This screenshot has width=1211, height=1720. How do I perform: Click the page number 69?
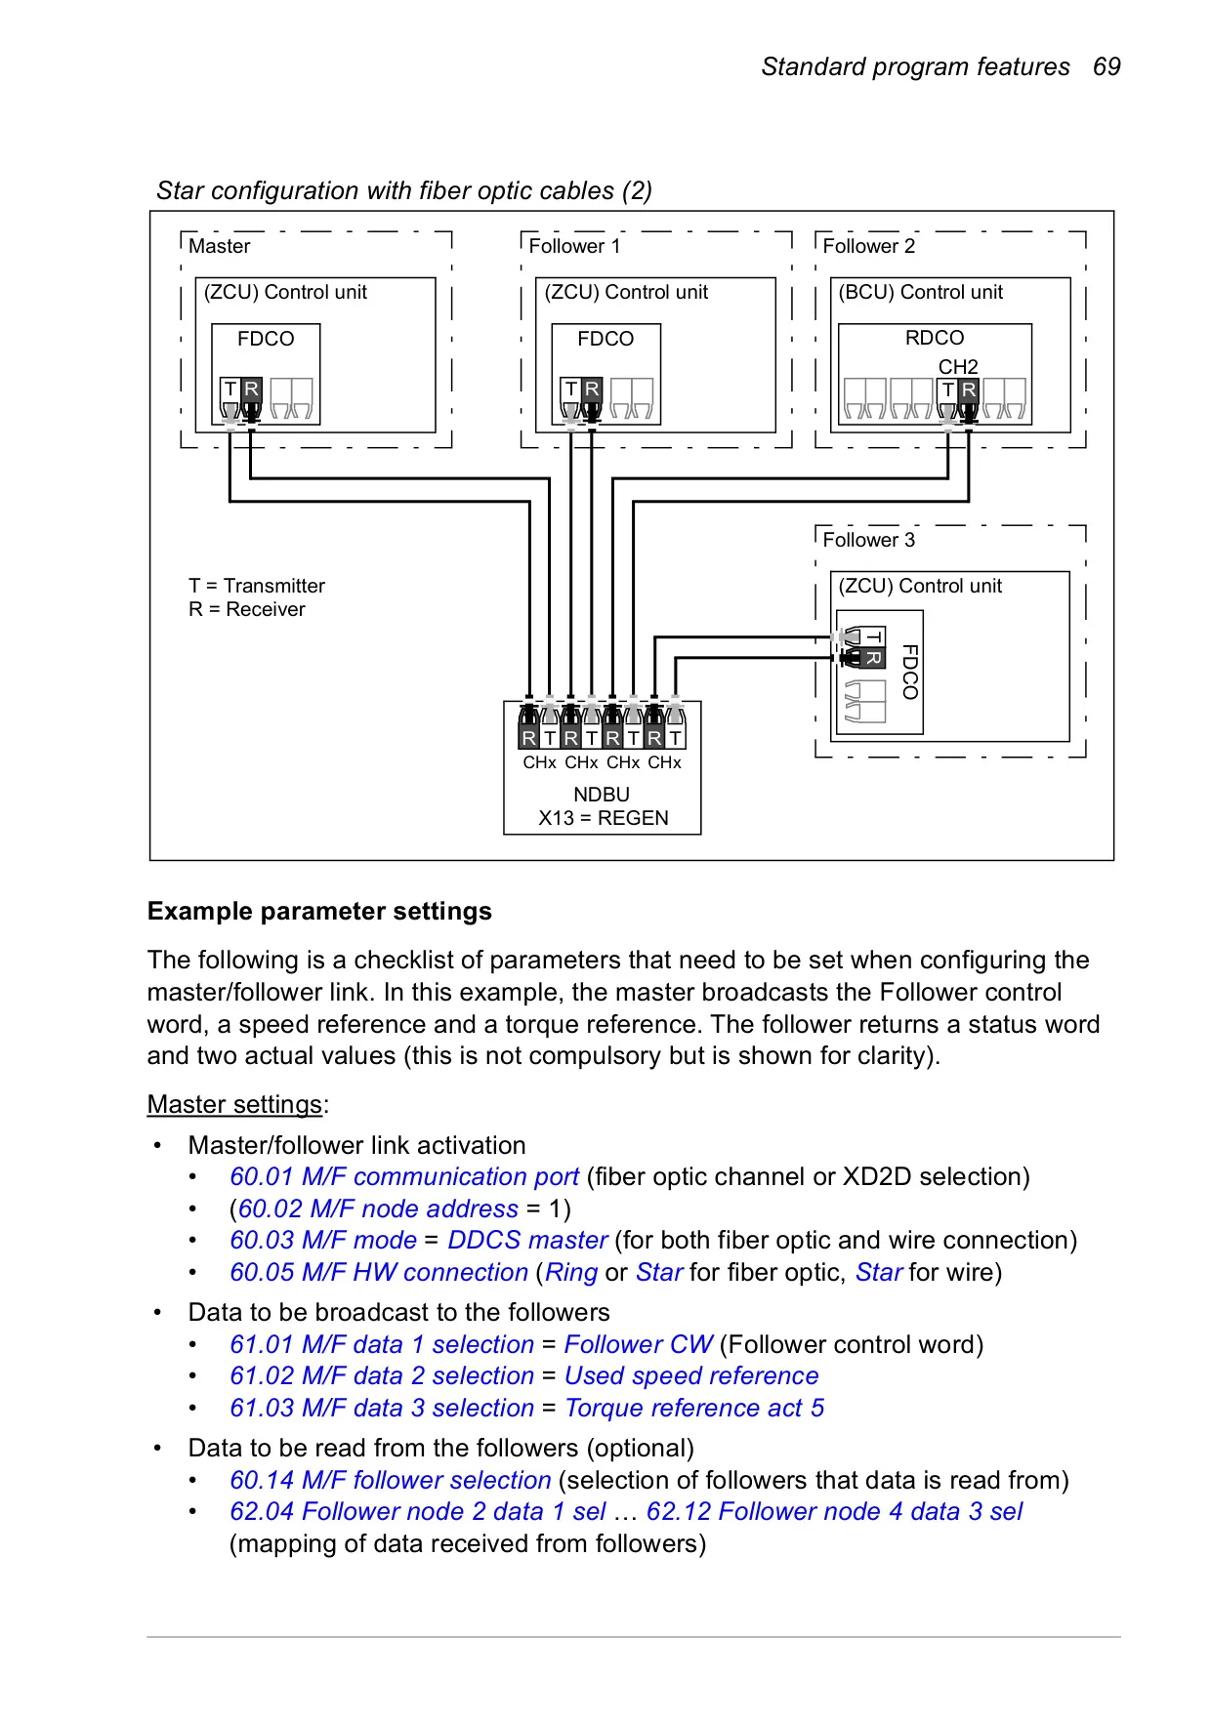pos(1107,66)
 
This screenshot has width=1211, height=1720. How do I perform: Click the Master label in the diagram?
pos(219,246)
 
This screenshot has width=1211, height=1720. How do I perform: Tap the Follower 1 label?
pos(574,246)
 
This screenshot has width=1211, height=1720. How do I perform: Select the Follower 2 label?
pos(869,246)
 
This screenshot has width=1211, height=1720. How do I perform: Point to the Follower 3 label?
pos(869,540)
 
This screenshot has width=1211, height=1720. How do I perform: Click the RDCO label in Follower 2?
pos(935,338)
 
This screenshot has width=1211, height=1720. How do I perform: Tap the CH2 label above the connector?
pos(958,367)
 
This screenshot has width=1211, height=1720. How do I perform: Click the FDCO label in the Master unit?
pos(266,339)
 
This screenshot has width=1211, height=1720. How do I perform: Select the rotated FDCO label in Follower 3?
pos(909,672)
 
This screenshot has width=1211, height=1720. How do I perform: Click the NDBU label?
pos(602,795)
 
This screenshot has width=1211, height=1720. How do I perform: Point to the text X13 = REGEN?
pos(604,818)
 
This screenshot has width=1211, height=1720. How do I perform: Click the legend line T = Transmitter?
pos(257,586)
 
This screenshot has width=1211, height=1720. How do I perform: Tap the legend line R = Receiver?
pos(247,609)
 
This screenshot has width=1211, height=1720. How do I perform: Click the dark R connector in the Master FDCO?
pos(252,389)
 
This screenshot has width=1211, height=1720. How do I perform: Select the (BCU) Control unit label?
pos(921,292)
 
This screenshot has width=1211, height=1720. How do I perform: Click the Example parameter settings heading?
pos(319,911)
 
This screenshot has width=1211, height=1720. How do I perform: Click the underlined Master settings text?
pos(234,1104)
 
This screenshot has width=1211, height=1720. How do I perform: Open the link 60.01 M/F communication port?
pos(404,1177)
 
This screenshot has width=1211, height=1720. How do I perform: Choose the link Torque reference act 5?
pos(694,1408)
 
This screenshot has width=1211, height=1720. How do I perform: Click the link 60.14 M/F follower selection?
pos(391,1480)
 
